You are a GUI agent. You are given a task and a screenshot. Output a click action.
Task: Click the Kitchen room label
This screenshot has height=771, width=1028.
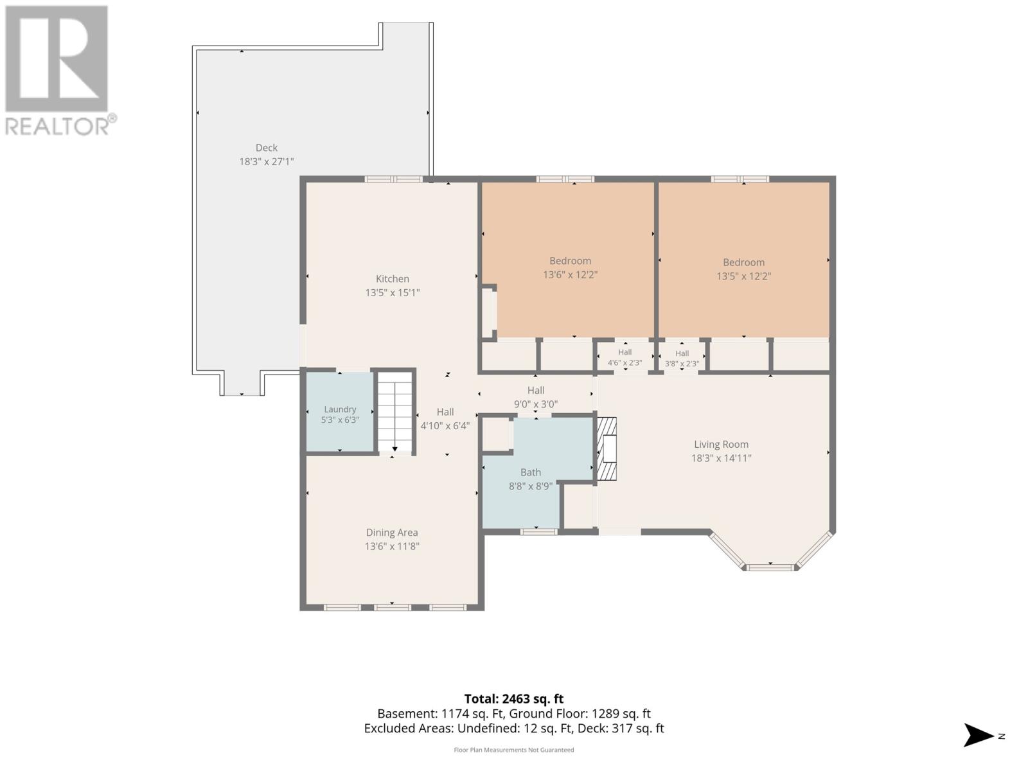[392, 279]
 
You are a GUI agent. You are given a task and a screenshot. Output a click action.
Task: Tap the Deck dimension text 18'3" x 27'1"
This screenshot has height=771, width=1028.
[267, 162]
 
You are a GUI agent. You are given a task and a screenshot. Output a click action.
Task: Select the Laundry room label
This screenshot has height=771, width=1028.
[340, 410]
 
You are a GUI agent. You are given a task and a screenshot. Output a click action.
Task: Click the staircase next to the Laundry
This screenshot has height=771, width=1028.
[394, 412]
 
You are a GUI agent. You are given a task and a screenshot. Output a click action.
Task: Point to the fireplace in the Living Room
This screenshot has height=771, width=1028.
[607, 449]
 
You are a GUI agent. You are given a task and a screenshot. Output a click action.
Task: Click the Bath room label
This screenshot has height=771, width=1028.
[531, 473]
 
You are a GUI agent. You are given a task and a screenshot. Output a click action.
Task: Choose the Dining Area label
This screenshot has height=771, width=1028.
[392, 533]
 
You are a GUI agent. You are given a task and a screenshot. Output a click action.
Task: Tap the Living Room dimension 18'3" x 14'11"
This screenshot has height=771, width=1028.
[722, 458]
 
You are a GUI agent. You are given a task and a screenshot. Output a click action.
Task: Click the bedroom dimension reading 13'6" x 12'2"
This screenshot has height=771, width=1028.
[571, 275]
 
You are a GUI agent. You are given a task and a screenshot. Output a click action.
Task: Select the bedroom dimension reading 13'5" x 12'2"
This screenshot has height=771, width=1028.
[744, 276]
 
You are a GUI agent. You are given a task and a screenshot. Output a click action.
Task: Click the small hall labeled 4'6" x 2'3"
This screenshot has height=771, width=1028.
[625, 358]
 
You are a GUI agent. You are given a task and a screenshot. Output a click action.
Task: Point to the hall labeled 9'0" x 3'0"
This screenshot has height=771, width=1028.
[536, 398]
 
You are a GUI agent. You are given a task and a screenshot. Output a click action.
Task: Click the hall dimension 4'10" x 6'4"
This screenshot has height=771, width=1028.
[445, 426]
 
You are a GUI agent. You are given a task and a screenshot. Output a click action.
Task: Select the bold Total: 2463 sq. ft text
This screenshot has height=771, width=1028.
[514, 699]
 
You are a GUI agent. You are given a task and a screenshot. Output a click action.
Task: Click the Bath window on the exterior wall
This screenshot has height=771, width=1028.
[538, 532]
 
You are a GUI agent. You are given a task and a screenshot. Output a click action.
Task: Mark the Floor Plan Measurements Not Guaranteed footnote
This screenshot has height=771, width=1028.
[514, 750]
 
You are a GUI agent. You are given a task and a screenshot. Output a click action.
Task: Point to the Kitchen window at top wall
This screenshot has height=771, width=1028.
[393, 179]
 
